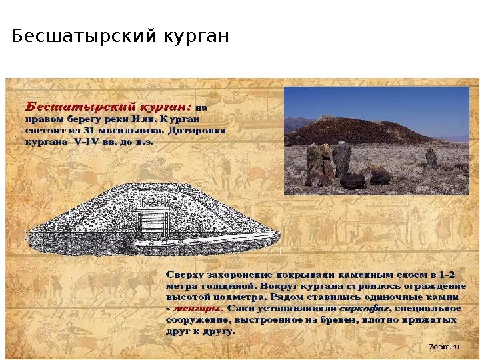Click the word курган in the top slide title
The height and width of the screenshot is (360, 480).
[x=195, y=36]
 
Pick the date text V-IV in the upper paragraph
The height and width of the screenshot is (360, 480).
[x=88, y=141]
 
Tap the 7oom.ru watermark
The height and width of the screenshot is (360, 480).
[x=443, y=347]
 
